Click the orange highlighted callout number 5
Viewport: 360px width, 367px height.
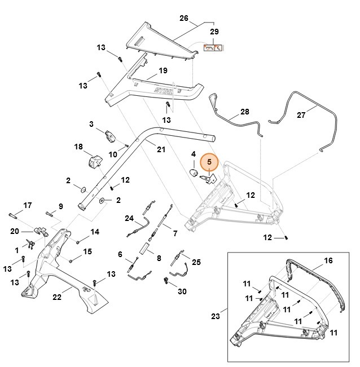[209, 162]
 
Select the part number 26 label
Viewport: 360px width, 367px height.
[183, 18]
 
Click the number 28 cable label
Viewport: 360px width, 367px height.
[244, 112]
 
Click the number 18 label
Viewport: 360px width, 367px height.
[78, 147]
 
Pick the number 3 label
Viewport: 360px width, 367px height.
[91, 124]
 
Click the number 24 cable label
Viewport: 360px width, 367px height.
[129, 218]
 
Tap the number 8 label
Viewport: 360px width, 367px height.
[159, 258]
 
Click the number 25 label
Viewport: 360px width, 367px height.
[196, 262]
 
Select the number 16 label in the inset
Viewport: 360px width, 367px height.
[328, 261]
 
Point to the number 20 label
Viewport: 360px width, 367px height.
[15, 231]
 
